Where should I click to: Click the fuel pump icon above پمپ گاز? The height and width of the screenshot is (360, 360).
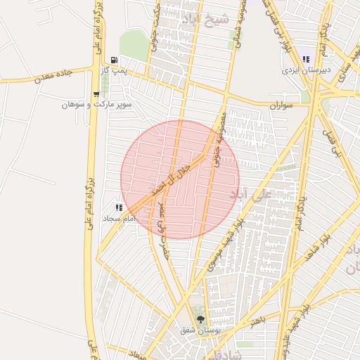click(x=114, y=60)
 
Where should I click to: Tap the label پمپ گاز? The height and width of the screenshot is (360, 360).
click(x=113, y=71)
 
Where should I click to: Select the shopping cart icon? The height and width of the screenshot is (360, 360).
click(x=96, y=94)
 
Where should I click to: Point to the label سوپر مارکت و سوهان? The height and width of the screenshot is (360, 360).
click(x=96, y=104)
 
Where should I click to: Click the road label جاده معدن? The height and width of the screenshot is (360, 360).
click(x=53, y=76)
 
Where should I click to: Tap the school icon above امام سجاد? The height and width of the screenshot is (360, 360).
click(x=119, y=207)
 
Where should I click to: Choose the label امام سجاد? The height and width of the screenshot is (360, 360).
click(x=118, y=219)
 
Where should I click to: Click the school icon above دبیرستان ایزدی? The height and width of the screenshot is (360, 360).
click(x=306, y=59)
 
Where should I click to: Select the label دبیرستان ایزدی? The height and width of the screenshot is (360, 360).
click(x=300, y=70)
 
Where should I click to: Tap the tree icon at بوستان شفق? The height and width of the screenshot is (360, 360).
click(x=200, y=319)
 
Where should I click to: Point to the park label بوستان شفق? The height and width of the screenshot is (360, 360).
click(x=200, y=330)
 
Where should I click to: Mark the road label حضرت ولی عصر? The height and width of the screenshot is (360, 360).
click(x=163, y=229)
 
